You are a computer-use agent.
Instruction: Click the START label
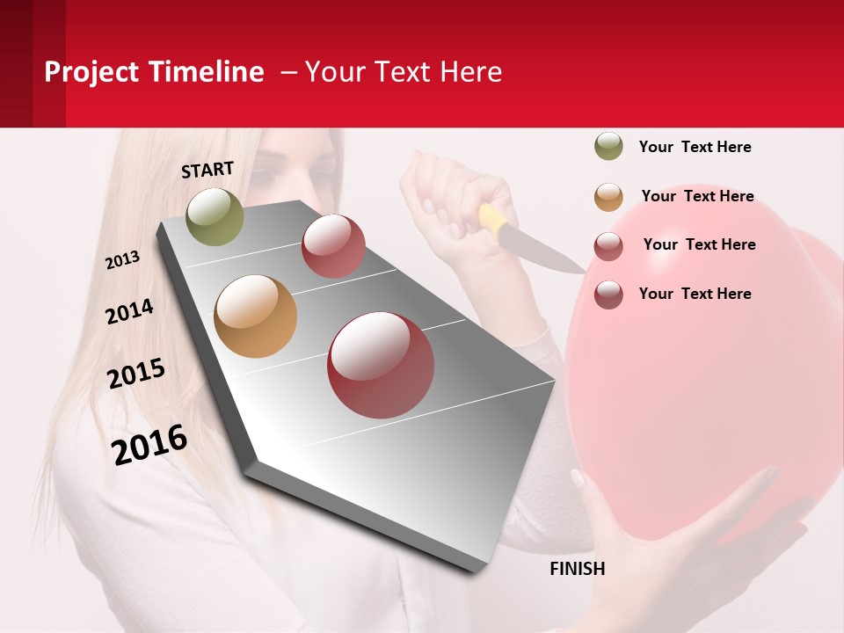click(x=207, y=170)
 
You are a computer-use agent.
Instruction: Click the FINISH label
click(x=577, y=569)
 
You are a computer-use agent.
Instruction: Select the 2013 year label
click(x=123, y=260)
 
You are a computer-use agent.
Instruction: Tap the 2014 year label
click(x=129, y=311)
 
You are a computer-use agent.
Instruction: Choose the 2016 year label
click(x=149, y=444)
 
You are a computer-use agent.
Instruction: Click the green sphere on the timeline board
click(x=215, y=216)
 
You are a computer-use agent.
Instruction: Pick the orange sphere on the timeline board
click(x=255, y=316)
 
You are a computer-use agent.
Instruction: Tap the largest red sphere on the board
click(x=381, y=365)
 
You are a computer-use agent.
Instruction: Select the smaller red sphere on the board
click(x=333, y=245)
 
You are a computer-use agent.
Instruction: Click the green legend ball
click(x=608, y=147)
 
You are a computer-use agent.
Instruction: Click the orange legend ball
click(x=608, y=196)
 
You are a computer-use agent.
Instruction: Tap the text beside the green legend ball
click(x=695, y=147)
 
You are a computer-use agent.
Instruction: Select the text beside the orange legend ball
click(x=697, y=196)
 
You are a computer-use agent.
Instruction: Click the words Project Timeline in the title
click(x=154, y=71)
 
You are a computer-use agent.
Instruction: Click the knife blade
click(x=545, y=251)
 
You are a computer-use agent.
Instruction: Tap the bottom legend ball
click(x=608, y=295)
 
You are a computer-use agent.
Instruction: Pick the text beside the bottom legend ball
click(x=695, y=294)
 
